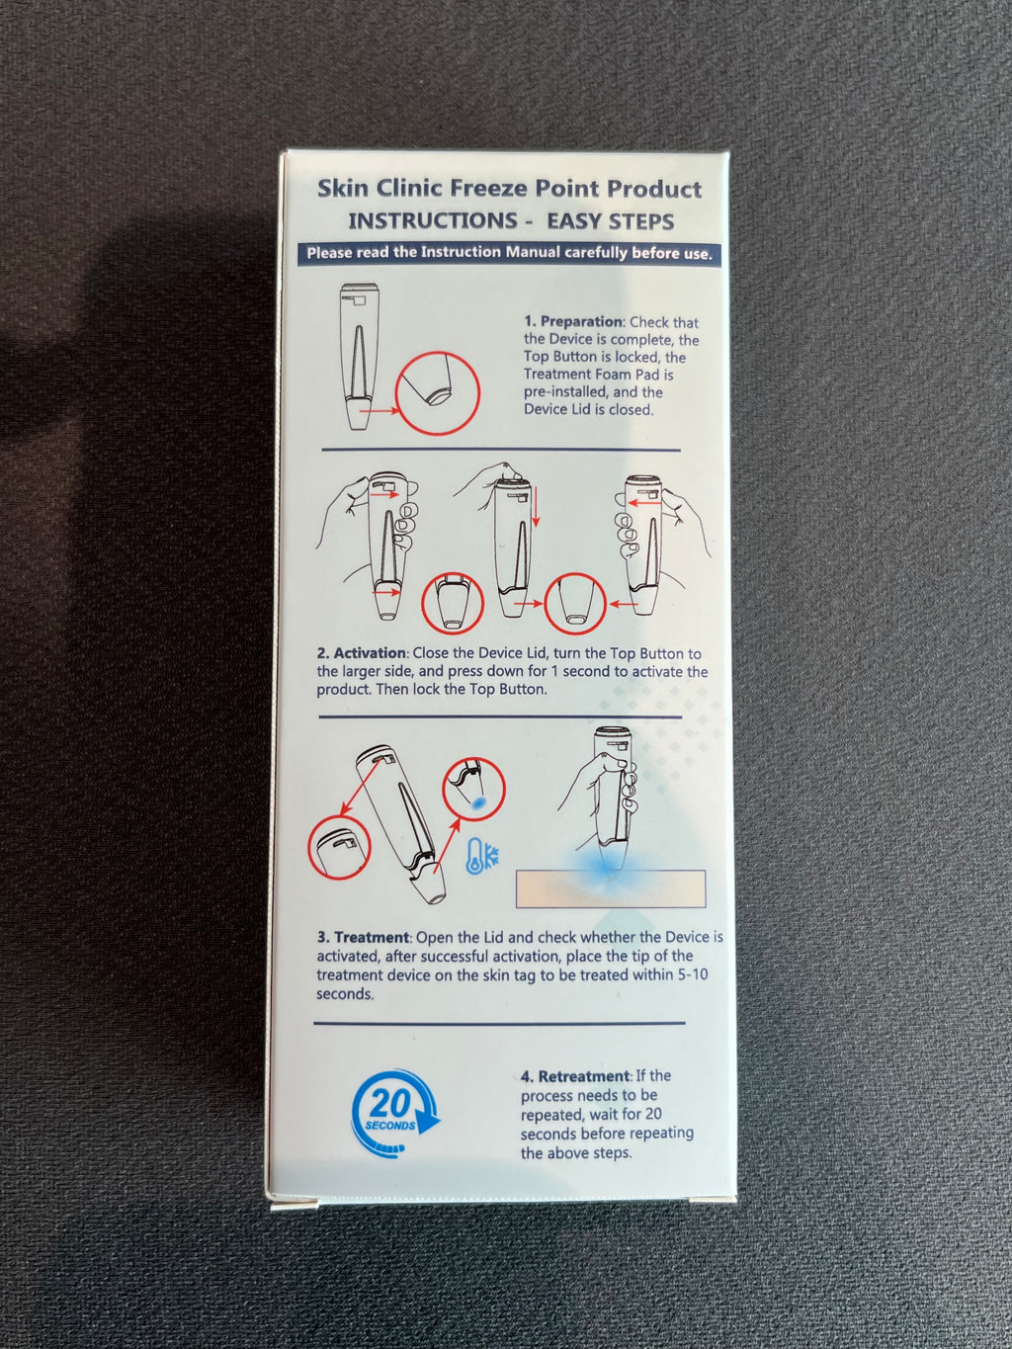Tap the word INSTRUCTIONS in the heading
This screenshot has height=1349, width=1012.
pos(433,221)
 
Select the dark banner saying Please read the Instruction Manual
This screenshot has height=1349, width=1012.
pos(509,253)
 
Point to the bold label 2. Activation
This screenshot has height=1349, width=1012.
pos(362,653)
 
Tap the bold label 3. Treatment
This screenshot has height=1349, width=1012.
pos(363,937)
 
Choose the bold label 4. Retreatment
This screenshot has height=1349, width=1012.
pos(575,1076)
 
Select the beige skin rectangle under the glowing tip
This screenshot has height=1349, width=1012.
pos(611,888)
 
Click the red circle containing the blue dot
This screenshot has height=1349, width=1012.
pos(473,791)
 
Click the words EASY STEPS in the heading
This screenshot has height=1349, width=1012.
pos(610,221)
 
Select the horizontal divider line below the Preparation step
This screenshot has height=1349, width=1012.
pos(501,451)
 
